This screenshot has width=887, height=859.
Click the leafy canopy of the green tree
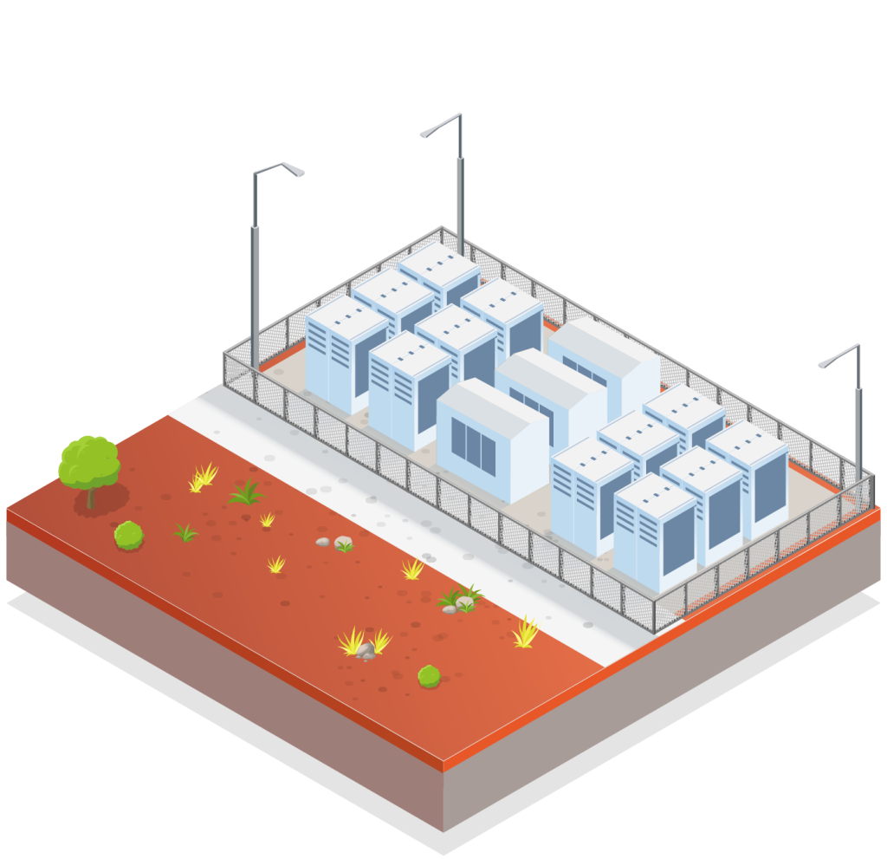click(88, 460)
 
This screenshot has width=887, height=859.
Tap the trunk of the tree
click(90, 498)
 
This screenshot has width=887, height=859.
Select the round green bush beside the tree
click(129, 535)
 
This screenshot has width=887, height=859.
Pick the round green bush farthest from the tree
click(429, 676)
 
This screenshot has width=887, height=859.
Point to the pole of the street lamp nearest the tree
click(256, 277)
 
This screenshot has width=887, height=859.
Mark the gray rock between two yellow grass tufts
click(366, 650)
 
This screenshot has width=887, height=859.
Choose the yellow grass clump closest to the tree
click(204, 477)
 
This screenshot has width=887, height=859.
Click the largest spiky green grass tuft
click(246, 493)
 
